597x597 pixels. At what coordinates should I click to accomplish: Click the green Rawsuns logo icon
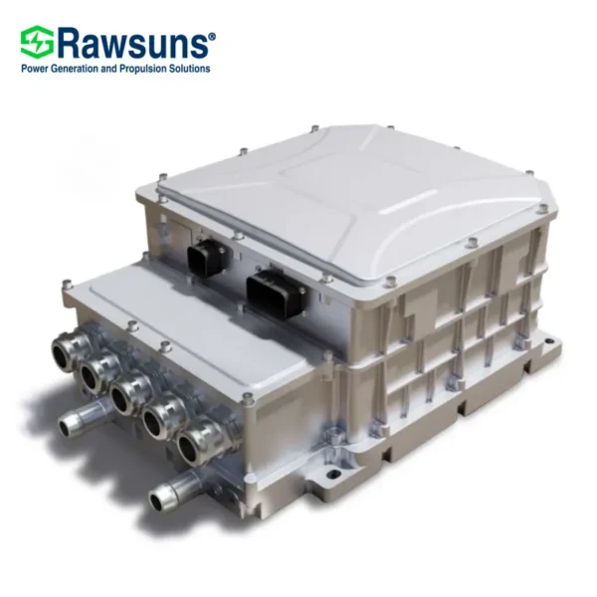[x=38, y=42]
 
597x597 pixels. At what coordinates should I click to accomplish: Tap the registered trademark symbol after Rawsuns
[x=213, y=36]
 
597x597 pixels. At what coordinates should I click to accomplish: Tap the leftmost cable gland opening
[x=66, y=348]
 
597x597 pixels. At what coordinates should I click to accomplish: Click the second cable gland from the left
[x=95, y=371]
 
